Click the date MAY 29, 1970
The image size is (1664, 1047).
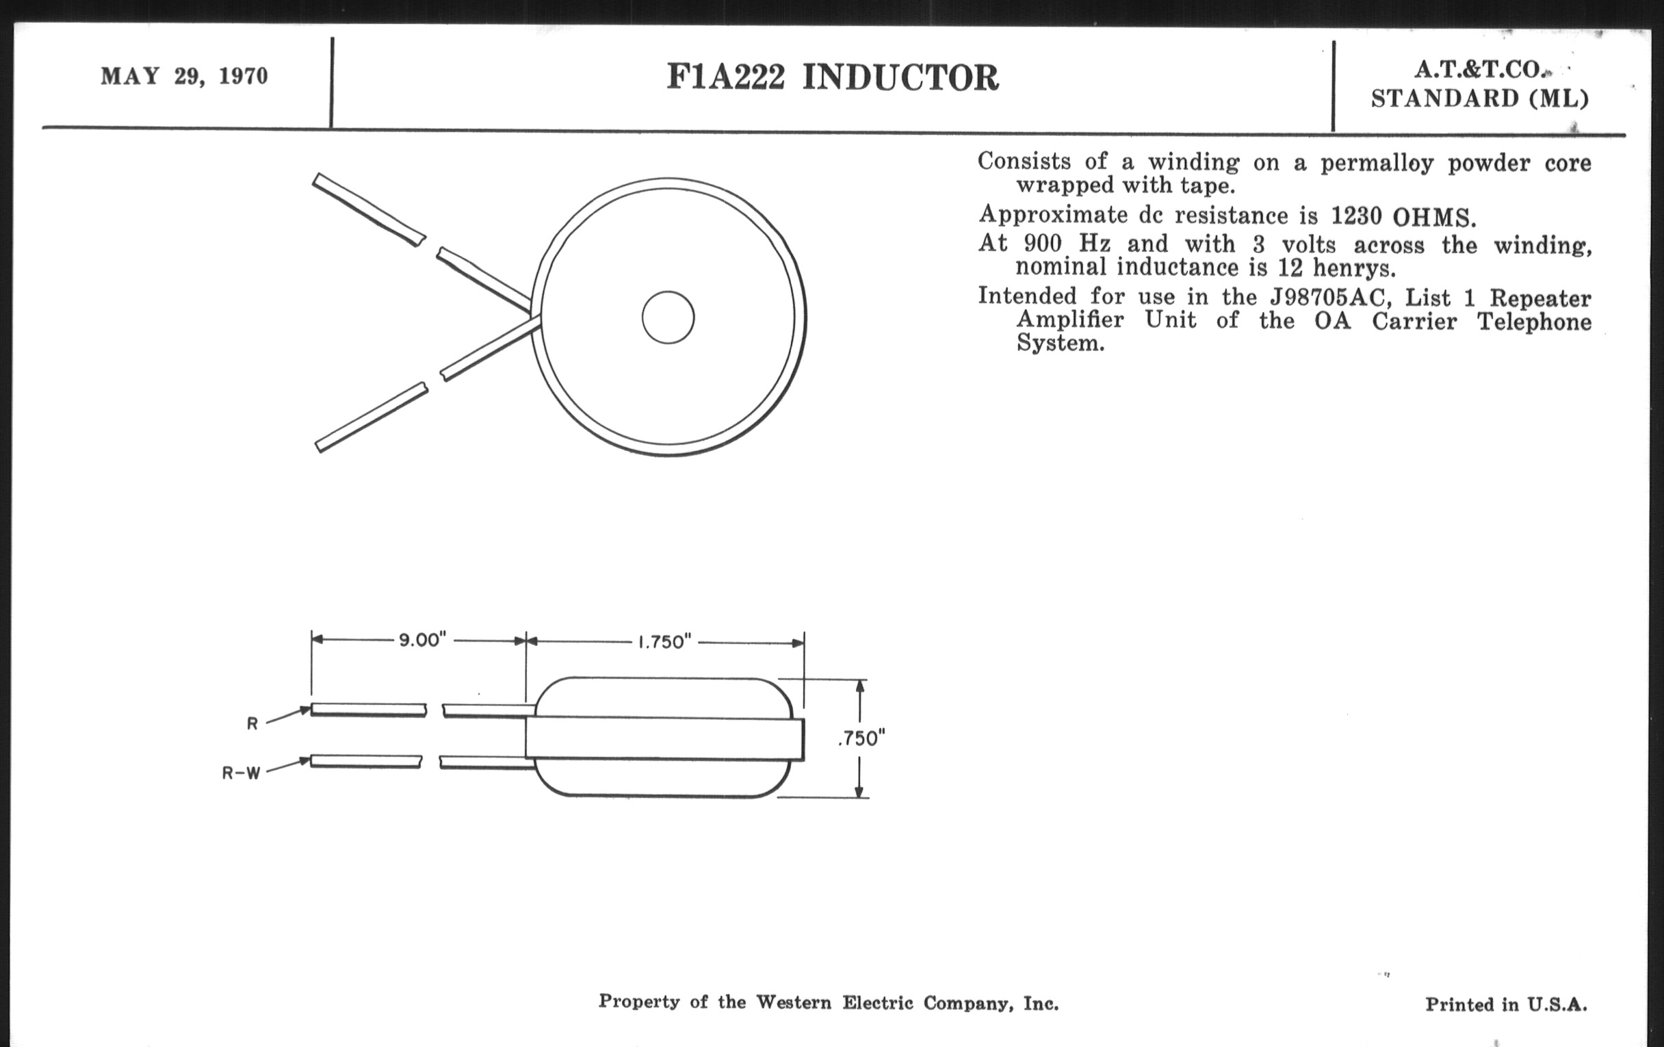click(184, 76)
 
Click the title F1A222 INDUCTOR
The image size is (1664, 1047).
click(832, 77)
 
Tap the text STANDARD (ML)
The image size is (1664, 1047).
click(1479, 99)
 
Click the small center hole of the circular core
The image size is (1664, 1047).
click(668, 318)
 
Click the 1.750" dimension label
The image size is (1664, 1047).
click(664, 642)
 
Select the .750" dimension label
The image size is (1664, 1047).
click(861, 739)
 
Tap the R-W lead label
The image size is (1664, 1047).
click(240, 773)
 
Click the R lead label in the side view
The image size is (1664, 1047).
click(252, 723)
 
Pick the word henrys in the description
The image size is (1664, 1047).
click(1354, 268)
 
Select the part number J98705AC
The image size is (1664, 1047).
click(1327, 298)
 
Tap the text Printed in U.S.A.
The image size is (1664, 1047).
click(1506, 1004)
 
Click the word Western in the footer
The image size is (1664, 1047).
click(793, 1002)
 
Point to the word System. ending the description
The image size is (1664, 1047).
click(1060, 344)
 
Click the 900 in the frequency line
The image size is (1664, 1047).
click(1043, 244)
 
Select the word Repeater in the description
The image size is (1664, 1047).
click(1540, 298)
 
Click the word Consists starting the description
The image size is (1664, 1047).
click(1024, 161)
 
